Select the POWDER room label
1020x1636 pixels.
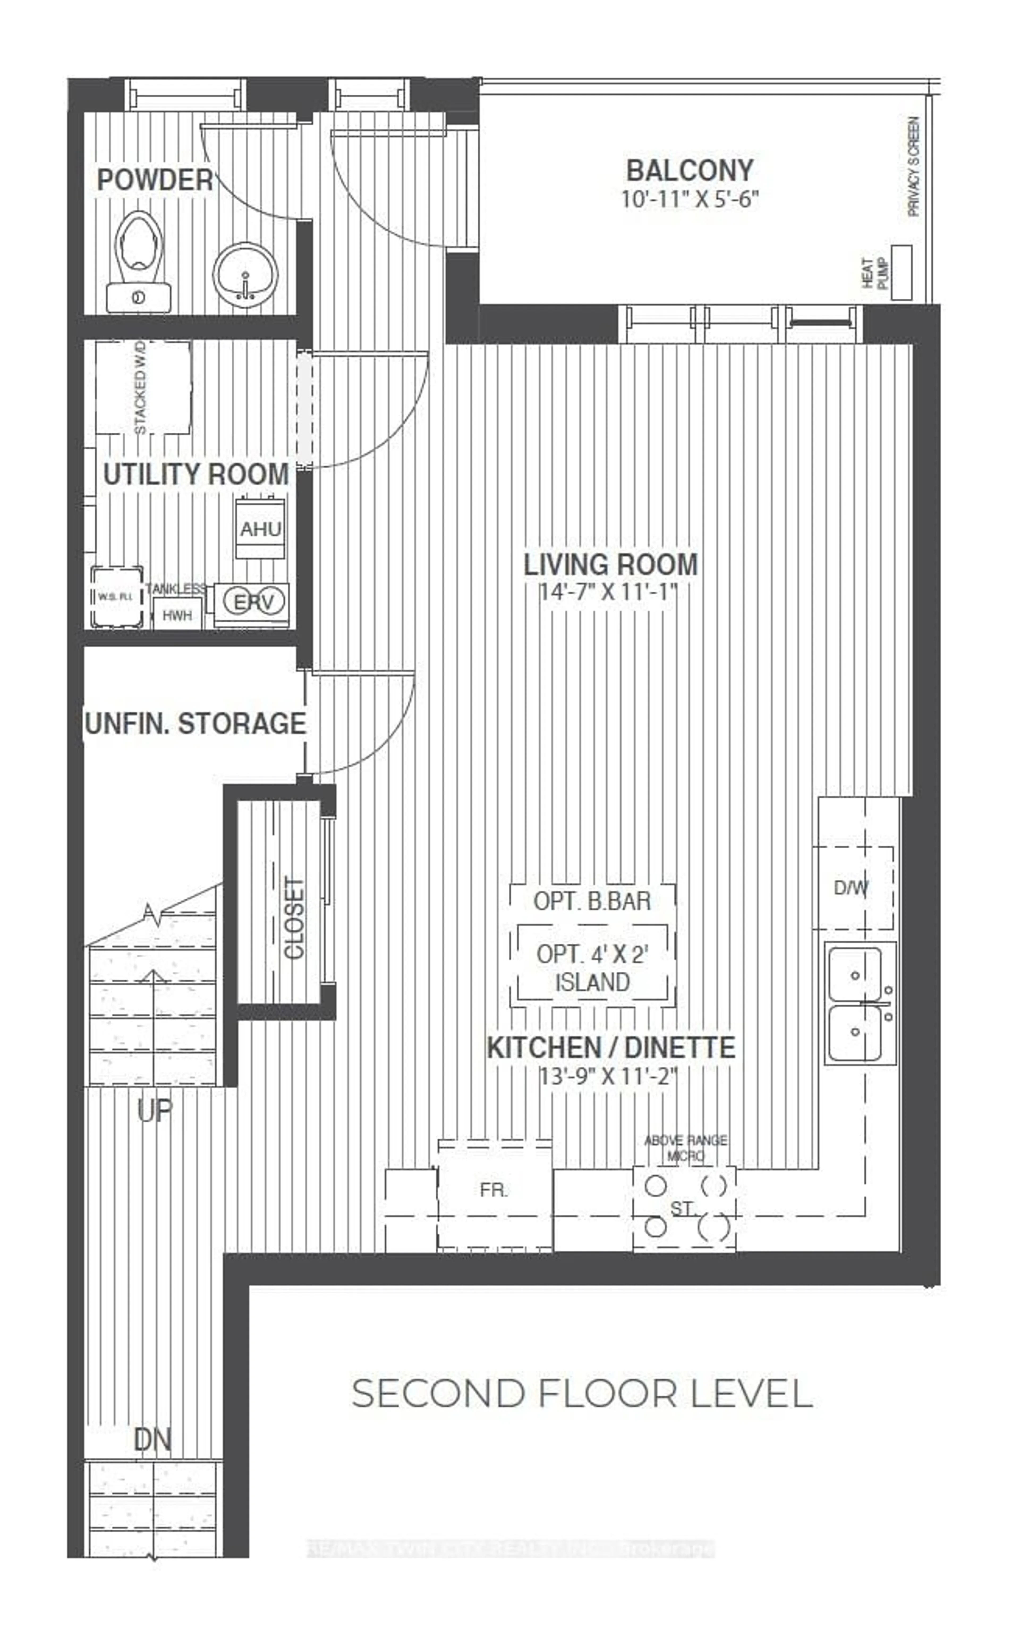coord(155,180)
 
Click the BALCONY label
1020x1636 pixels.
coord(690,171)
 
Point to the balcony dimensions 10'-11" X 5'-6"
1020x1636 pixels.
coord(690,200)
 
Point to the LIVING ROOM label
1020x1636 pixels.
coord(610,564)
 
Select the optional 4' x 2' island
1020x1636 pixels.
coord(592,967)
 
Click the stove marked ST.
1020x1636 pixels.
coord(683,1208)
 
